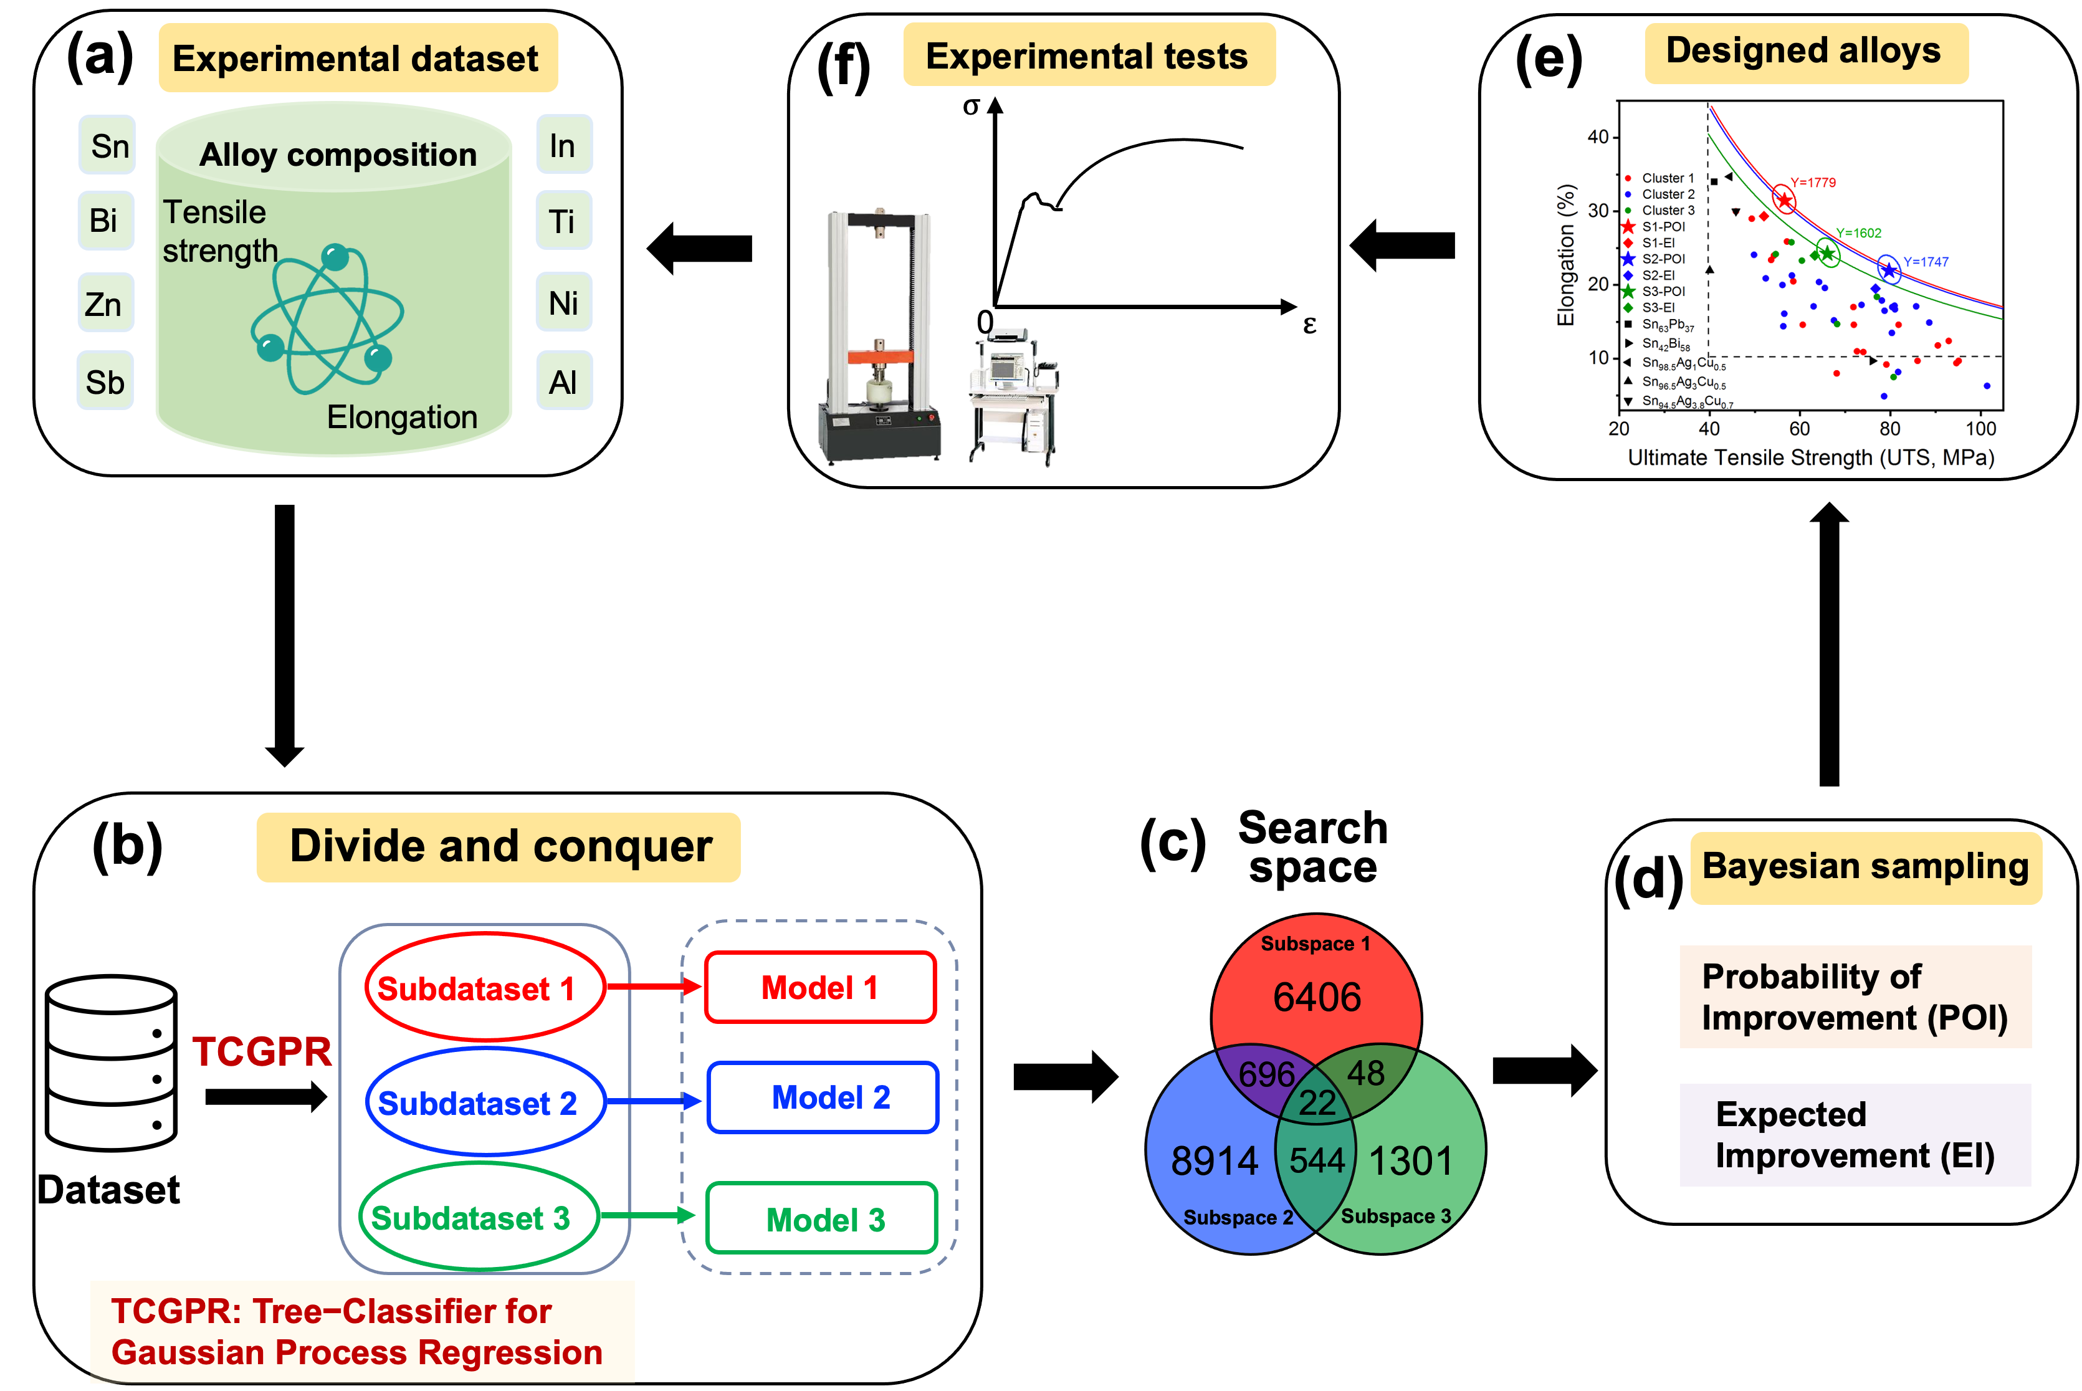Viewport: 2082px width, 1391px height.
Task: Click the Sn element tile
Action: tap(107, 145)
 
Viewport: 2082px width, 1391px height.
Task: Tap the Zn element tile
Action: tap(105, 304)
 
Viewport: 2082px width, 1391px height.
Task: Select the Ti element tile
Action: tap(563, 221)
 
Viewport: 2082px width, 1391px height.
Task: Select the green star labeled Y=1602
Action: tap(1827, 254)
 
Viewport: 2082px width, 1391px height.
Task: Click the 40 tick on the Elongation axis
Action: tap(1598, 136)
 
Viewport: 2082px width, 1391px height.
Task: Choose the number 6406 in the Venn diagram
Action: tap(1317, 997)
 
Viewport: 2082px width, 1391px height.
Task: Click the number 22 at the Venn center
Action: tap(1317, 1102)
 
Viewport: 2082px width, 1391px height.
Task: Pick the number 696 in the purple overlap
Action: tap(1266, 1074)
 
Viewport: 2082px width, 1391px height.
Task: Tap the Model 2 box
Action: tap(823, 1098)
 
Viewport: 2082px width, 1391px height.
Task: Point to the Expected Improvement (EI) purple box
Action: tap(1854, 1135)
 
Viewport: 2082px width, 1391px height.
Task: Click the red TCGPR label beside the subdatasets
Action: tap(262, 1052)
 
